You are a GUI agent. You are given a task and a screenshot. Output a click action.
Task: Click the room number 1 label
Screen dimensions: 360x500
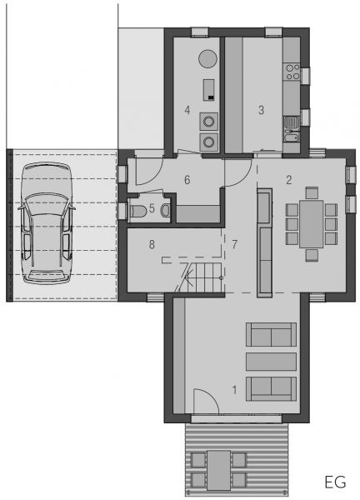[x=235, y=389]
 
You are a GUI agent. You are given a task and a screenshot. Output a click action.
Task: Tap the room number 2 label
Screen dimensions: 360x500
[x=289, y=180]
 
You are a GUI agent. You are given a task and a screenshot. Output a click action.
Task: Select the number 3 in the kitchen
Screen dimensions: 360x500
[x=261, y=110]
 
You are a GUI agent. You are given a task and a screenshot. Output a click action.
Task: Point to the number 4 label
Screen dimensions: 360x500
[x=187, y=110]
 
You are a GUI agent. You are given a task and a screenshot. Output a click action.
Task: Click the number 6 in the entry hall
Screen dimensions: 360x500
[x=187, y=180]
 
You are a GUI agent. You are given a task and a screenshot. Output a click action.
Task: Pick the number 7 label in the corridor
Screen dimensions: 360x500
[x=235, y=244]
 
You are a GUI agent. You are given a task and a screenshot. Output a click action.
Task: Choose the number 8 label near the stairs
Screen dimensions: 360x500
[x=152, y=244]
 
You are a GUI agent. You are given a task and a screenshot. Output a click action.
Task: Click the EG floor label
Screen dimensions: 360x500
[x=335, y=482]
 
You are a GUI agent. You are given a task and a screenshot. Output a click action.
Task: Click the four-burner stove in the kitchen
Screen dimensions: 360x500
[x=292, y=72]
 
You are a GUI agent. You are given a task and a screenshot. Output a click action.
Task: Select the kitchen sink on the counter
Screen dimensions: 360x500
[x=292, y=122]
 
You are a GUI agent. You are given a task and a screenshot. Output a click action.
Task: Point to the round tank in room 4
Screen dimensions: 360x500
[x=207, y=58]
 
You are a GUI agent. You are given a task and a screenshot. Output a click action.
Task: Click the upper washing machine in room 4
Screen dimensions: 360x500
[x=209, y=122]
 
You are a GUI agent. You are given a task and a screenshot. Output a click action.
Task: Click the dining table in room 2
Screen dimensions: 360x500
[x=311, y=224]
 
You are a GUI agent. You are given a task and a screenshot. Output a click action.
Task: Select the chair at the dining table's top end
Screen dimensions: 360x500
[x=312, y=193]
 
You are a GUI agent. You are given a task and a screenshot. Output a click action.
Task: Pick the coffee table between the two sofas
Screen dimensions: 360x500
[x=271, y=362]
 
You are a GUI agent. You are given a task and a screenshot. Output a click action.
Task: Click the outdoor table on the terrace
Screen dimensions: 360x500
[x=218, y=470]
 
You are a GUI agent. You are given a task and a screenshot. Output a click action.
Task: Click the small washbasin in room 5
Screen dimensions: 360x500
[x=166, y=211]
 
